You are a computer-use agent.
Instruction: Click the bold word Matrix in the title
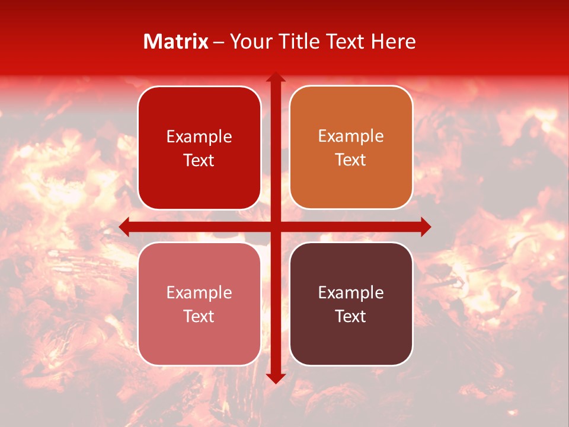(x=176, y=42)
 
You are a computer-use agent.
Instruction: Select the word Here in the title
(x=393, y=42)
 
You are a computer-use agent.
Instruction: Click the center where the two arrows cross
(x=276, y=226)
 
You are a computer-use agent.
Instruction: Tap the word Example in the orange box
(x=351, y=136)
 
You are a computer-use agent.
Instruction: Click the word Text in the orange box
(x=351, y=160)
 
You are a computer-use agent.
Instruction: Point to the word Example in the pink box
(x=199, y=293)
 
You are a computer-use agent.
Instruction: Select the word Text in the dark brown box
(x=351, y=317)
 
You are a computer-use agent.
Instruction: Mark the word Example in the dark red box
(x=199, y=137)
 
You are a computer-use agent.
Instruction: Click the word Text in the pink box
(x=199, y=317)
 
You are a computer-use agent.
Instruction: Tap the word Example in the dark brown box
(x=351, y=293)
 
